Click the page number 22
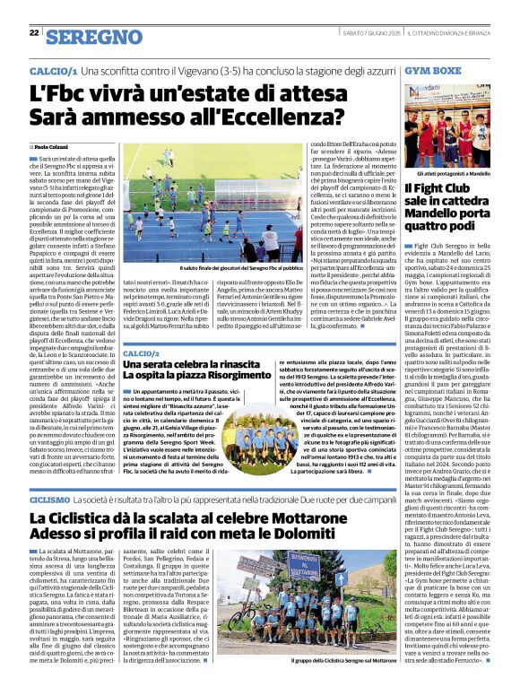pyautogui.click(x=34, y=33)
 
